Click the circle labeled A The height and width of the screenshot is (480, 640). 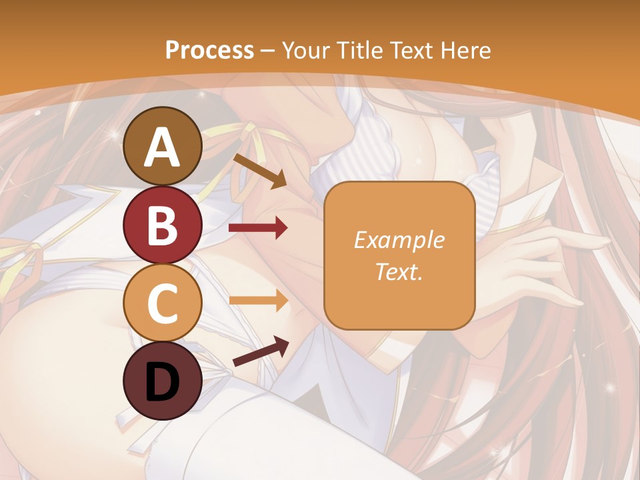click(163, 147)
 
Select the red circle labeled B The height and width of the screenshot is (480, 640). click(163, 225)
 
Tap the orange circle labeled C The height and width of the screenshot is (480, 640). click(163, 303)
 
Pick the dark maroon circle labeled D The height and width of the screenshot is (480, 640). click(163, 381)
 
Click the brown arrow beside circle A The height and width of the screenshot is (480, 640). click(260, 171)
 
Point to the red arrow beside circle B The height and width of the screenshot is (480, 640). click(258, 229)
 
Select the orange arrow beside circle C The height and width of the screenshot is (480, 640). click(258, 301)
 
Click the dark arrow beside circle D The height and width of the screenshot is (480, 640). click(261, 351)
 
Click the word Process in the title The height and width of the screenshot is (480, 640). click(209, 50)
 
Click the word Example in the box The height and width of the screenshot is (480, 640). click(399, 240)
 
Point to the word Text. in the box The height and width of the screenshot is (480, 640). click(399, 271)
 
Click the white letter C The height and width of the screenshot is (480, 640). click(163, 303)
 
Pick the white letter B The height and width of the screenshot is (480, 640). click(163, 225)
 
